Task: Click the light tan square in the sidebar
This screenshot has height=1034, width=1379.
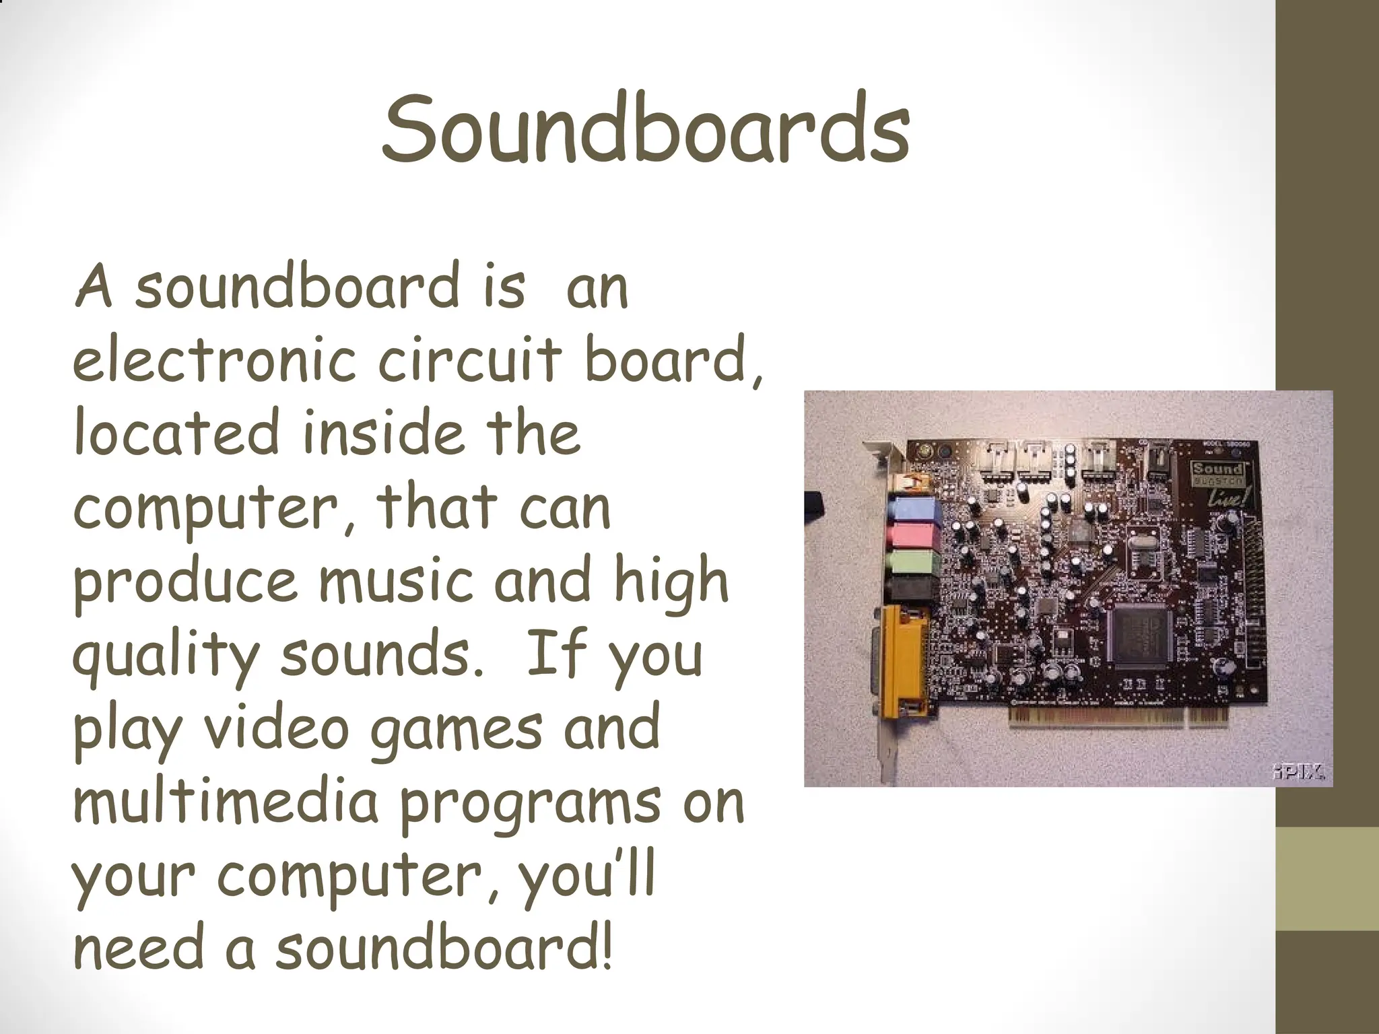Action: tap(1327, 878)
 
